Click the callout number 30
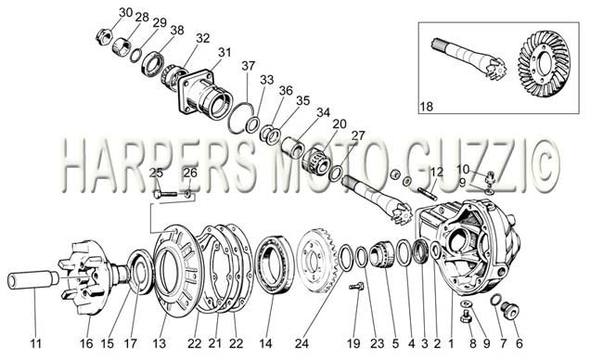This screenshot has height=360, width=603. click(126, 12)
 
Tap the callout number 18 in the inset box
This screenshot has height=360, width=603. click(427, 106)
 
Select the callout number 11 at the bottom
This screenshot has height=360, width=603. click(35, 343)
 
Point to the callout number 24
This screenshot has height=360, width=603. click(301, 343)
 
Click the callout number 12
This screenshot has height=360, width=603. click(437, 172)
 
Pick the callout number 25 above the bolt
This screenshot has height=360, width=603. click(156, 174)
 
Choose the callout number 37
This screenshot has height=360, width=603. click(249, 66)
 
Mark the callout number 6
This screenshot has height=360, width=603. click(520, 343)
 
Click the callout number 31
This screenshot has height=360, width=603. click(225, 52)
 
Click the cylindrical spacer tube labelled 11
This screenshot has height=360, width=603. click(32, 280)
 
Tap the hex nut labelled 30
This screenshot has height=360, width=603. click(103, 37)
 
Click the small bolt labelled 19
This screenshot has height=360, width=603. click(356, 287)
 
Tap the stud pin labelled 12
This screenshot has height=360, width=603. click(428, 193)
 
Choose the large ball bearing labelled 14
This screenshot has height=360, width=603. click(275, 265)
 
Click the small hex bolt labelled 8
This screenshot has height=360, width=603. click(466, 318)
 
